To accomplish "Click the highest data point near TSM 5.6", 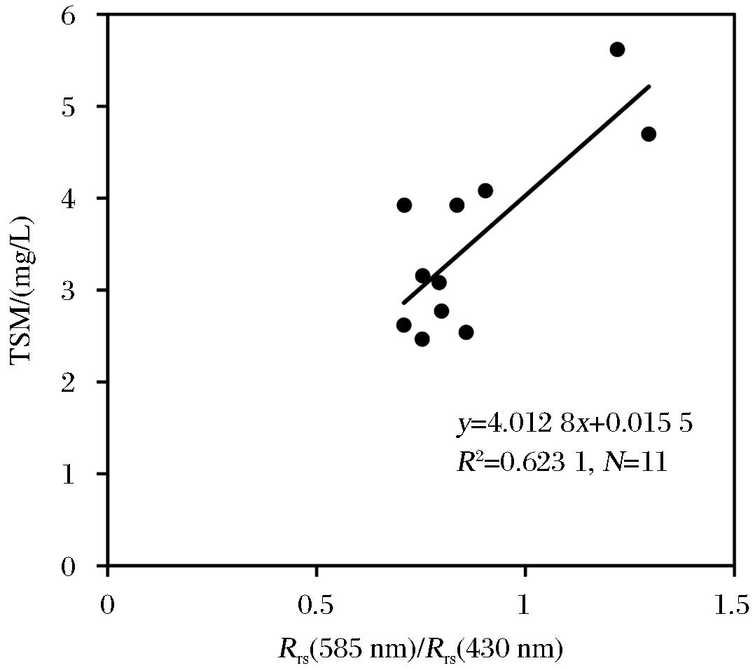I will [x=617, y=49].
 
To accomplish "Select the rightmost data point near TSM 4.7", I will [x=649, y=134].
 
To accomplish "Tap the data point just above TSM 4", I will [x=485, y=191].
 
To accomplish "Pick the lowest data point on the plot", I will [x=422, y=339].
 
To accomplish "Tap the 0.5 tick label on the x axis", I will [x=316, y=605].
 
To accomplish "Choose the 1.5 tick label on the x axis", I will [x=733, y=605].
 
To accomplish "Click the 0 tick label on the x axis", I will [x=107, y=605].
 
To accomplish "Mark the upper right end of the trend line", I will [x=650, y=86].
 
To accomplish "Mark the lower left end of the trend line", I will [x=403, y=303].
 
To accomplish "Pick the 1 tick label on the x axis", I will [x=525, y=605].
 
